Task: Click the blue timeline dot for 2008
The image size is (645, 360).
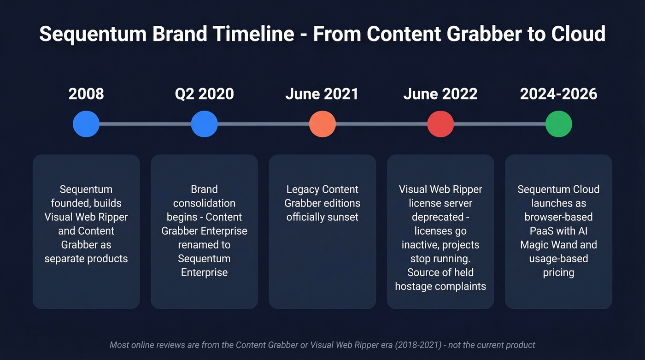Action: point(86,124)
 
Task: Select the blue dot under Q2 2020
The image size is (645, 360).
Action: point(204,124)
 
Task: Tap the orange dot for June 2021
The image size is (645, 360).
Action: point(322,124)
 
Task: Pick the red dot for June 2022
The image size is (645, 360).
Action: point(440,124)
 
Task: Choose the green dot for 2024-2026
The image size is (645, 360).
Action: point(558,124)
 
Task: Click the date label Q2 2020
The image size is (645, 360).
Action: point(204,94)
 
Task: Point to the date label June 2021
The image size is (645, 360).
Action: point(322,94)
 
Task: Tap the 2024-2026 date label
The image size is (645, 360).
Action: point(558,94)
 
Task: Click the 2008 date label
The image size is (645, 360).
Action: point(86,94)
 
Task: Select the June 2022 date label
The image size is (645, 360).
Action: point(440,94)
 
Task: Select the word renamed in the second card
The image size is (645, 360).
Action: point(204,245)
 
